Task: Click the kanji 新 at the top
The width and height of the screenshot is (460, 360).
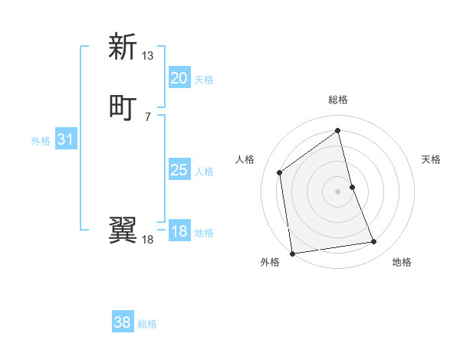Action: [x=123, y=47]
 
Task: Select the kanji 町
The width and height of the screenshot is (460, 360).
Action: [x=123, y=106]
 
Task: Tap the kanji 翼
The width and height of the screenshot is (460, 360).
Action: [x=123, y=229]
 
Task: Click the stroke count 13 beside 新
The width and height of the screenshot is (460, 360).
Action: [x=148, y=56]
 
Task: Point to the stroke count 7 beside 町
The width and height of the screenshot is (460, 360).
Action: [x=148, y=116]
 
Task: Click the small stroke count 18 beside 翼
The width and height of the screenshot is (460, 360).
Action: [x=148, y=240]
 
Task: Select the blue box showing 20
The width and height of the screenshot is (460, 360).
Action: [x=179, y=78]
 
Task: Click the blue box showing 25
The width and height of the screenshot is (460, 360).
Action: [x=179, y=170]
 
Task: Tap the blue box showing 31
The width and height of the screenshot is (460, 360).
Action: [x=65, y=140]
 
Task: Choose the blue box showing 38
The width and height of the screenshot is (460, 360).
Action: [x=122, y=322]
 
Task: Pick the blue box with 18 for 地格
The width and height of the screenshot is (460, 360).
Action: [x=179, y=231]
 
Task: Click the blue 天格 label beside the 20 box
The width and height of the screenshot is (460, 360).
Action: [x=204, y=80]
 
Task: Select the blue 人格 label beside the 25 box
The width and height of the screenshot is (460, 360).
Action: [x=204, y=172]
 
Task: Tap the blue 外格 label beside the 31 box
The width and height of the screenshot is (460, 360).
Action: [x=41, y=141]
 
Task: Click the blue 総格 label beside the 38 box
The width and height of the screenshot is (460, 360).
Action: [x=147, y=324]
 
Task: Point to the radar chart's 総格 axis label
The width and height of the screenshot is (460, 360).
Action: [x=338, y=100]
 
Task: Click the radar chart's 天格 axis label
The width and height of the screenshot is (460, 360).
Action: [x=432, y=159]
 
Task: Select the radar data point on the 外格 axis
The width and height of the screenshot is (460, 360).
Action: [x=292, y=253]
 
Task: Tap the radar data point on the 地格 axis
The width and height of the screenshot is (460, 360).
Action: [x=374, y=242]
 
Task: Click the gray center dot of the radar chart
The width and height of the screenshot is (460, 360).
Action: [x=338, y=191]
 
